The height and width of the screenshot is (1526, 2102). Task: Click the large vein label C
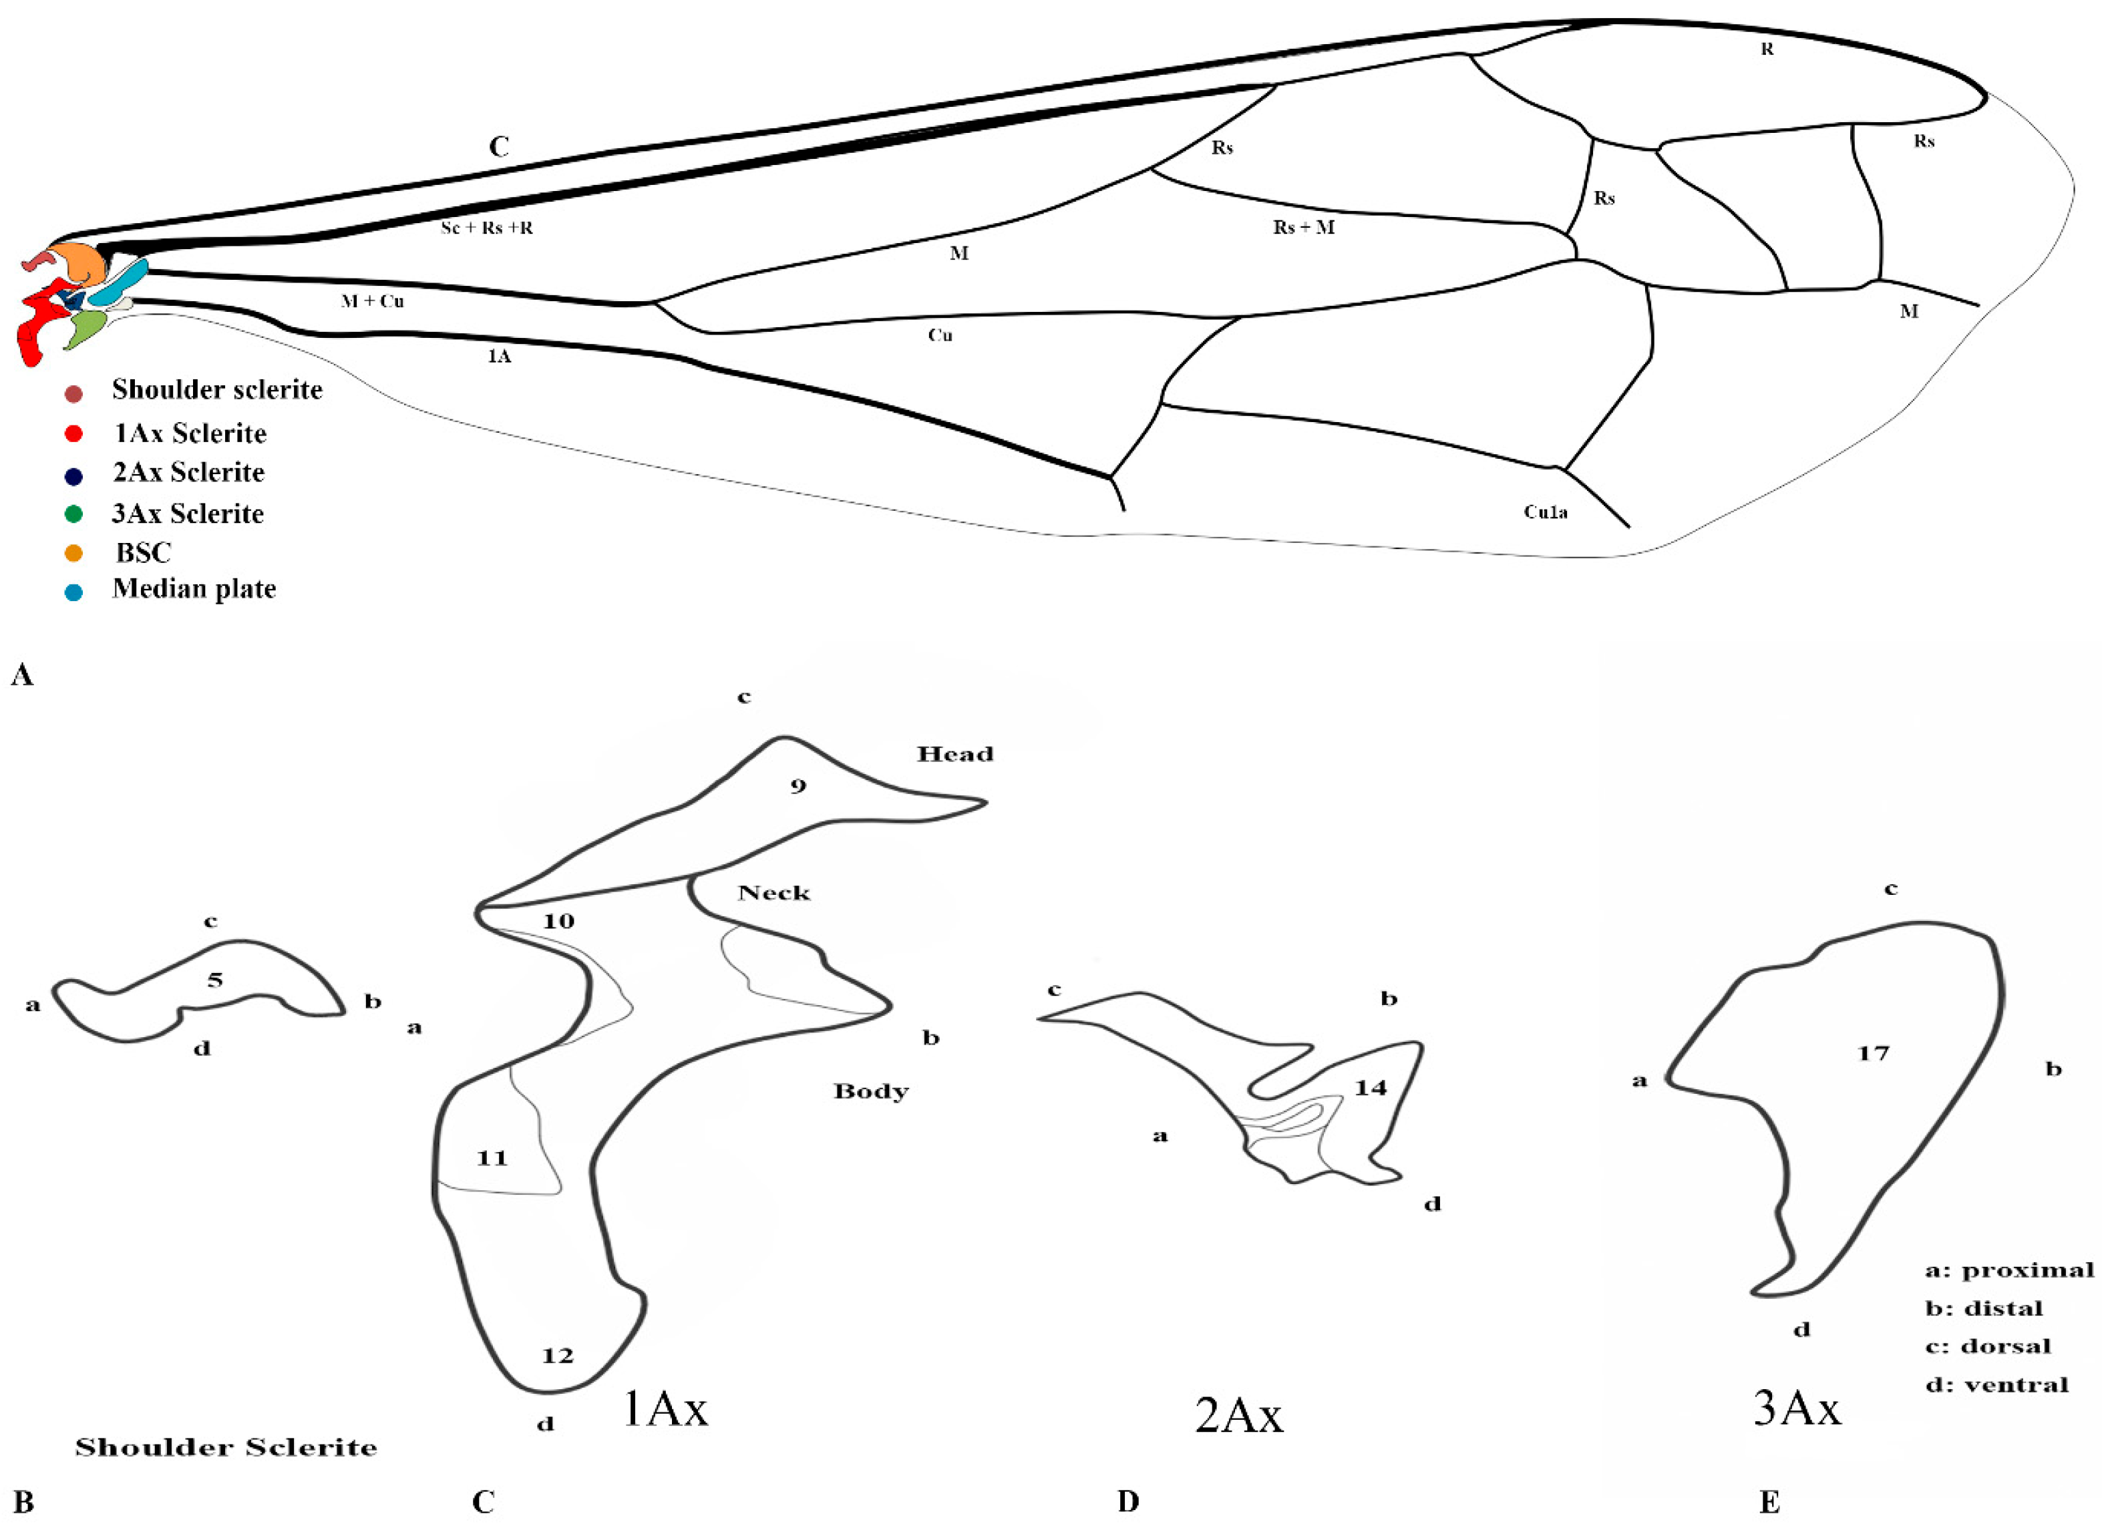tap(499, 146)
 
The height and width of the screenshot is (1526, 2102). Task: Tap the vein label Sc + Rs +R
tap(486, 227)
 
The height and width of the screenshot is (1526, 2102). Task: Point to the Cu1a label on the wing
tap(1546, 512)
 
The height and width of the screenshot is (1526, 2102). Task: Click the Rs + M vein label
tap(1303, 227)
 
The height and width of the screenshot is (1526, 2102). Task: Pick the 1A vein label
tap(499, 356)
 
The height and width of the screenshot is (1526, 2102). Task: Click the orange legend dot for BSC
tap(73, 553)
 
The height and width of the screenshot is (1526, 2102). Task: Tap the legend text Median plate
tap(194, 589)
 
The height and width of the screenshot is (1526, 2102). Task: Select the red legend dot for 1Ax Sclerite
tap(73, 433)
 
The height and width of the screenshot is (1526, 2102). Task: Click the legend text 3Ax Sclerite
tap(188, 514)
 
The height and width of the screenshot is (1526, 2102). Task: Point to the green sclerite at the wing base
tap(86, 328)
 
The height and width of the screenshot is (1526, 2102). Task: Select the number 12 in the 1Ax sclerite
tap(557, 1356)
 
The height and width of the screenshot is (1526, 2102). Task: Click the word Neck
tap(774, 892)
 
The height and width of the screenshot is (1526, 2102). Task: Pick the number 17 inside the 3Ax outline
tap(1873, 1053)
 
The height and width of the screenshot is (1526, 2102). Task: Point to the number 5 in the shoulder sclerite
tap(215, 979)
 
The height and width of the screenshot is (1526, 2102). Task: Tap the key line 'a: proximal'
tap(2008, 1270)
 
